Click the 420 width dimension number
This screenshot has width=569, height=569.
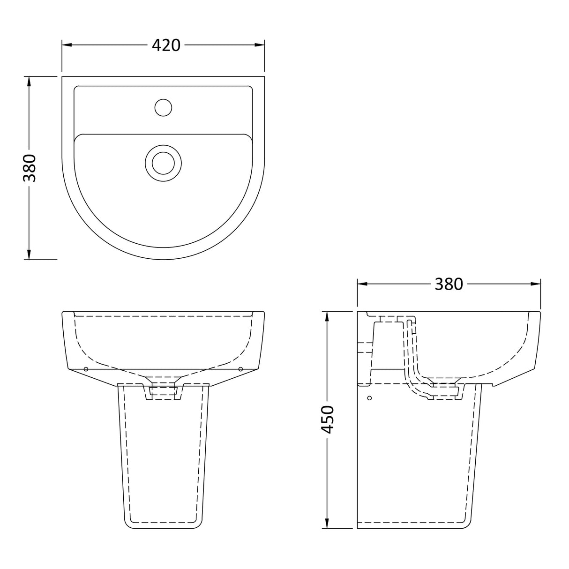click(x=166, y=45)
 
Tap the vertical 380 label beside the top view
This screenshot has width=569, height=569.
click(x=30, y=168)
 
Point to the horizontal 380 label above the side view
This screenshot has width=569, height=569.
click(x=449, y=284)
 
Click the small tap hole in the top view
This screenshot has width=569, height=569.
click(x=163, y=107)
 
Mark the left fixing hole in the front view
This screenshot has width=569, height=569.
click(x=86, y=369)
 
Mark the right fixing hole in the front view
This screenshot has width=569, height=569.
click(x=240, y=369)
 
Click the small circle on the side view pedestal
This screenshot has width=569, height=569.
click(x=369, y=398)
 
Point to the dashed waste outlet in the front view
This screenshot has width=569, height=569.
click(x=163, y=391)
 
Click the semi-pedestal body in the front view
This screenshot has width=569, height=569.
click(x=163, y=450)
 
